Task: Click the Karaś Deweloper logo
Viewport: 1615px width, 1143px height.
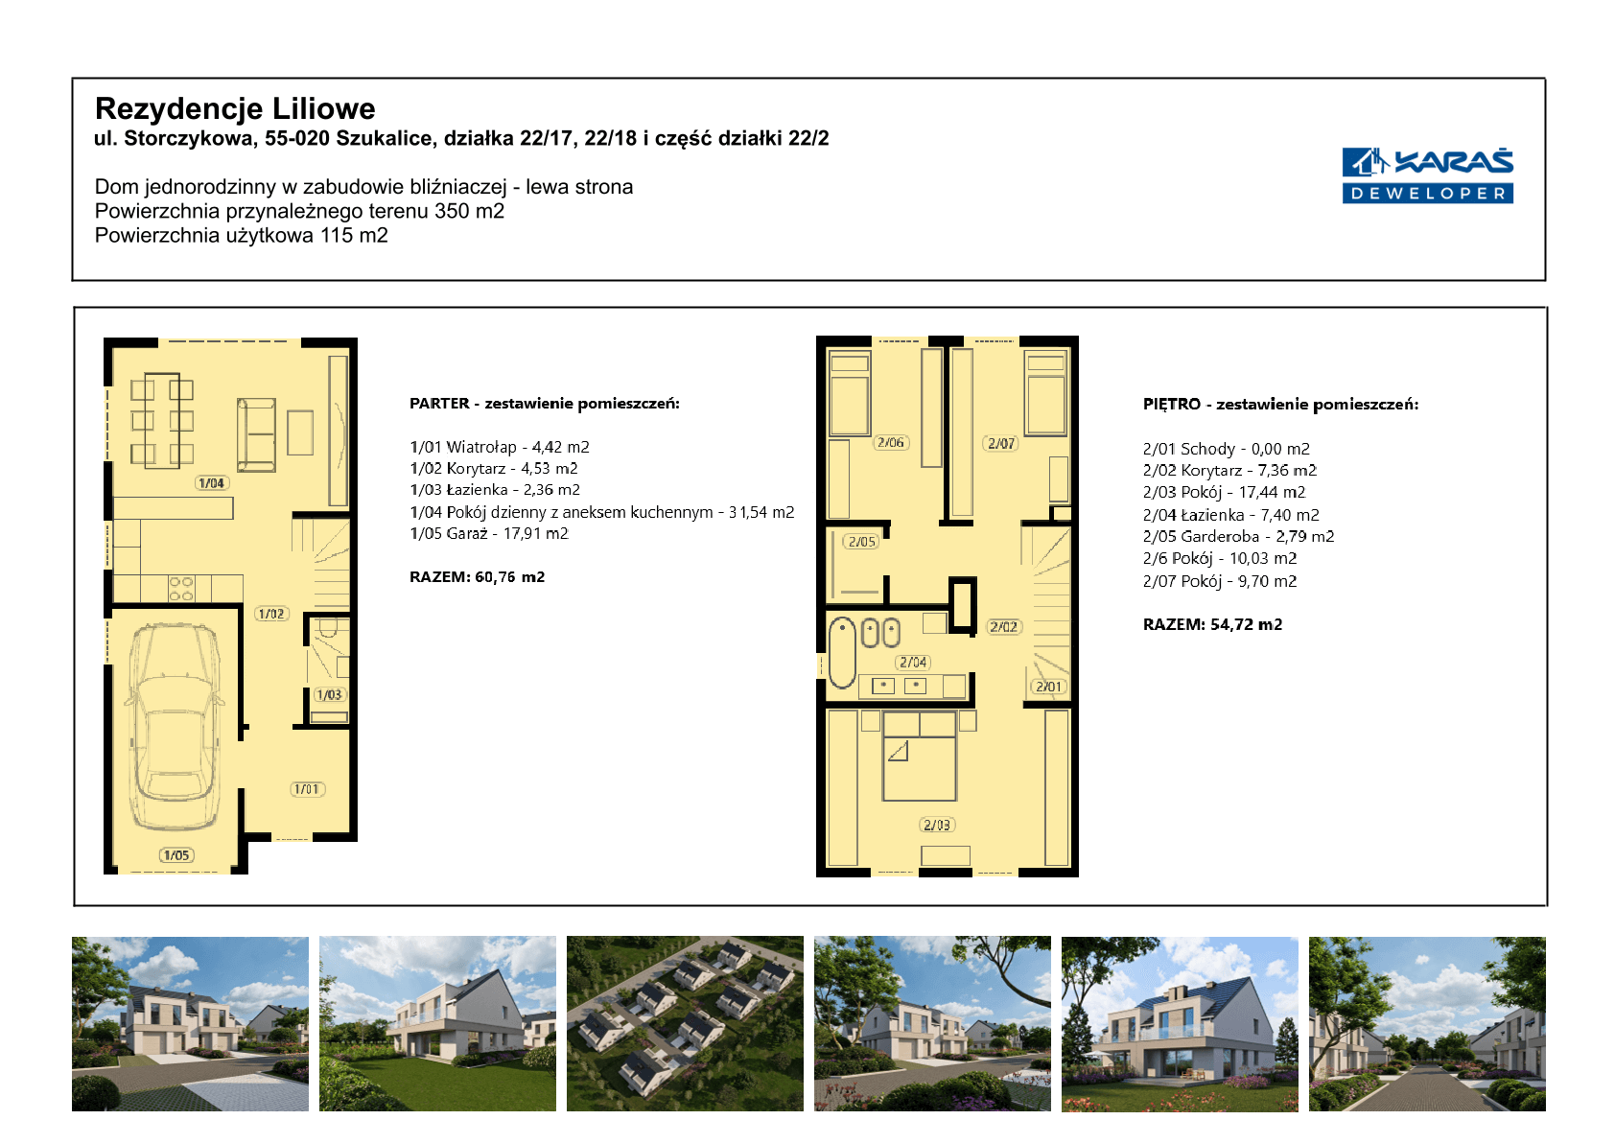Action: click(x=1427, y=175)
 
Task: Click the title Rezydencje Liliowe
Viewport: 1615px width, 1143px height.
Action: click(x=235, y=108)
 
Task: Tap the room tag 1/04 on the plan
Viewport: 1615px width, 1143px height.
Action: click(x=211, y=483)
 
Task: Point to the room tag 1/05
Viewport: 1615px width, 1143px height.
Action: click(x=176, y=854)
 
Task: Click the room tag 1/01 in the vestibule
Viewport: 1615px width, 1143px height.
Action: click(x=307, y=789)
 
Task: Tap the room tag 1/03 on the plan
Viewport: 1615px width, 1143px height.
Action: click(x=330, y=695)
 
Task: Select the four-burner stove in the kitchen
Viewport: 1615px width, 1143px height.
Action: click(x=181, y=588)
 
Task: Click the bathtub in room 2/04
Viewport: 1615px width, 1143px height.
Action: click(x=841, y=651)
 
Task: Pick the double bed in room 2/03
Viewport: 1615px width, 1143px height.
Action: click(x=920, y=756)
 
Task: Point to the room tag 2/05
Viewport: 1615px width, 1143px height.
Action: click(x=861, y=541)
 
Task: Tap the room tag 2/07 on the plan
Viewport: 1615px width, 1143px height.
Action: click(x=1001, y=443)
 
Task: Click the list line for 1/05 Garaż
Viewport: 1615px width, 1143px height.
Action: click(x=489, y=533)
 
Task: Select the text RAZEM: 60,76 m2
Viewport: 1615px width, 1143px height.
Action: click(x=478, y=576)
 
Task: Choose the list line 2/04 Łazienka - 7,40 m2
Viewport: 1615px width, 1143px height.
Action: click(x=1230, y=515)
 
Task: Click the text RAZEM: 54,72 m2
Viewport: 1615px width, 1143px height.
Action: click(x=1213, y=624)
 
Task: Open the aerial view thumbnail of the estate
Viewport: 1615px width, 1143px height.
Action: click(x=685, y=1023)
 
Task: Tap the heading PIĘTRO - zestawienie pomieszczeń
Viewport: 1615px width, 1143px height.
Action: click(x=1280, y=405)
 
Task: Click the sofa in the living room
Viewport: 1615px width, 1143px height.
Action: click(x=256, y=435)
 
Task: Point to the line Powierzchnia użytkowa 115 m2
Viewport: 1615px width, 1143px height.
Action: click(x=242, y=236)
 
